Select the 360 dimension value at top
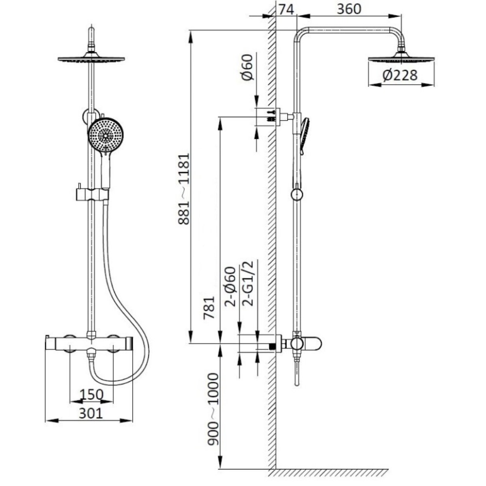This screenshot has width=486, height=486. [349, 9]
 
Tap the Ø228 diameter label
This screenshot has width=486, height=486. [400, 75]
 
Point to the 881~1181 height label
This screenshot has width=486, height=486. [184, 189]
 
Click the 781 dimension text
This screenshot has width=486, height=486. [209, 308]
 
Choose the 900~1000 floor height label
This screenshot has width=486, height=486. [213, 409]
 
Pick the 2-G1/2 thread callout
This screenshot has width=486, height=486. [248, 283]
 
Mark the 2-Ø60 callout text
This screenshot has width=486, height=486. [230, 287]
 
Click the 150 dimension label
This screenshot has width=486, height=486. [91, 395]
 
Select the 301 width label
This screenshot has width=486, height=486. [90, 413]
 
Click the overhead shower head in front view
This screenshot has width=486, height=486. [91, 57]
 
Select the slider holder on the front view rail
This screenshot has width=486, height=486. [92, 194]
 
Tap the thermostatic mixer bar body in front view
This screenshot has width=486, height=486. [90, 344]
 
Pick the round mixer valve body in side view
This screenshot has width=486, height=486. [296, 344]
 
